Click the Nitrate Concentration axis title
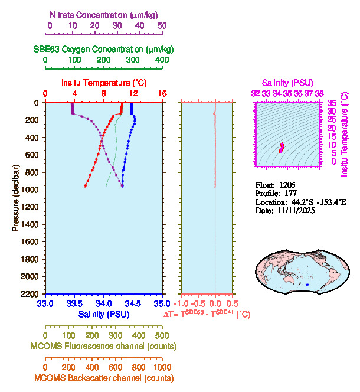click(x=104, y=14)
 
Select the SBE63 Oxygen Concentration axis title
click(x=103, y=48)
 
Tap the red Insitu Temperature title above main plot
click(x=104, y=83)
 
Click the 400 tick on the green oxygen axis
click(x=162, y=60)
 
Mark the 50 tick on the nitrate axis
click(x=162, y=25)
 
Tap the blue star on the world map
click(x=307, y=285)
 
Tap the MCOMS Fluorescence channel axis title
click(x=104, y=346)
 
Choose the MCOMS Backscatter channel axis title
click(x=104, y=378)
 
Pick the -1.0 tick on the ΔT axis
click(x=183, y=303)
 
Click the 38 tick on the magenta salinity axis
click(x=319, y=93)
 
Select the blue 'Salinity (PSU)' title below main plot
click(x=104, y=315)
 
